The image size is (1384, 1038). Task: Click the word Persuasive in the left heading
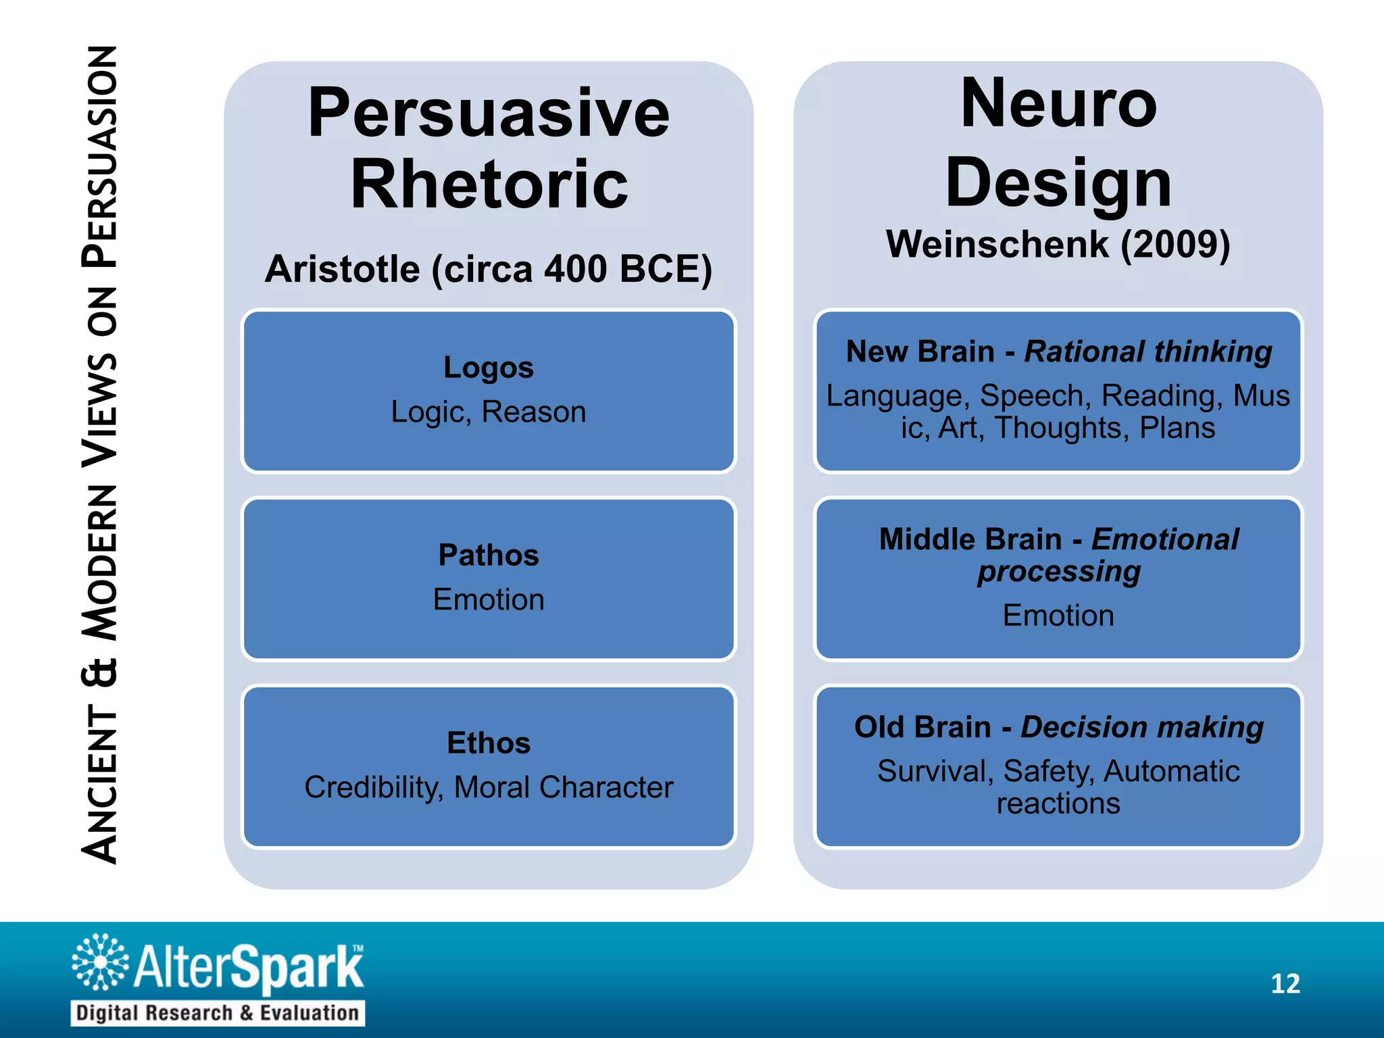pyautogui.click(x=489, y=114)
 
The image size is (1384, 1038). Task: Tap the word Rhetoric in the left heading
pyautogui.click(x=489, y=184)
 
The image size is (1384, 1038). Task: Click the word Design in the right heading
pyautogui.click(x=1058, y=182)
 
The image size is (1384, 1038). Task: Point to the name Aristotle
pyautogui.click(x=342, y=269)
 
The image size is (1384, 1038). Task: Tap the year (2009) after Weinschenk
pyautogui.click(x=1175, y=244)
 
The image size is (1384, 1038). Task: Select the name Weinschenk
pyautogui.click(x=997, y=244)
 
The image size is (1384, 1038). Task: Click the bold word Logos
pyautogui.click(x=489, y=368)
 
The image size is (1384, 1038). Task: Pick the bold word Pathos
pyautogui.click(x=489, y=555)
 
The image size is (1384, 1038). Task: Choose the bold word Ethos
pyautogui.click(x=489, y=743)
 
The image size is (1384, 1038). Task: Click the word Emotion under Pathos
pyautogui.click(x=489, y=600)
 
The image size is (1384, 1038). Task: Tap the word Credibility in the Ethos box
pyautogui.click(x=373, y=787)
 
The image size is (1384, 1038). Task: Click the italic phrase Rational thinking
pyautogui.click(x=1147, y=352)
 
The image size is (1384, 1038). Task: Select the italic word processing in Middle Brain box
pyautogui.click(x=1058, y=572)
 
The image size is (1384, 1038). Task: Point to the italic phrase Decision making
pyautogui.click(x=1141, y=728)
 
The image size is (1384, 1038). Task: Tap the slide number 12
pyautogui.click(x=1285, y=984)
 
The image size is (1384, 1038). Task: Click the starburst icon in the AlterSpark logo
pyautogui.click(x=100, y=962)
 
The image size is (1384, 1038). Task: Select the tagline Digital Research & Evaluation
pyautogui.click(x=218, y=1013)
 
